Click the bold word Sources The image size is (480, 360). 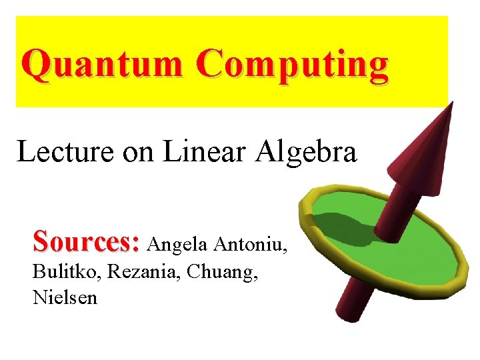(x=84, y=241)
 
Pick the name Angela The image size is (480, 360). (x=178, y=245)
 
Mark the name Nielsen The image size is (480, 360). (x=65, y=297)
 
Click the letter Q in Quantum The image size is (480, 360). (x=36, y=65)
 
